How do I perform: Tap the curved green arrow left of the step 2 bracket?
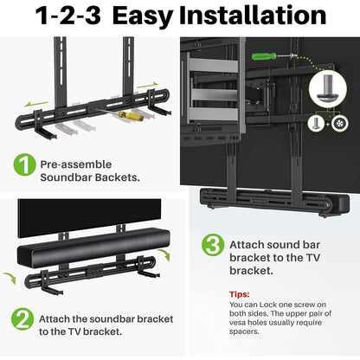pyautogui.click(x=10, y=278)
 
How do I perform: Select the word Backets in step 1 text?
pyautogui.click(x=111, y=177)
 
